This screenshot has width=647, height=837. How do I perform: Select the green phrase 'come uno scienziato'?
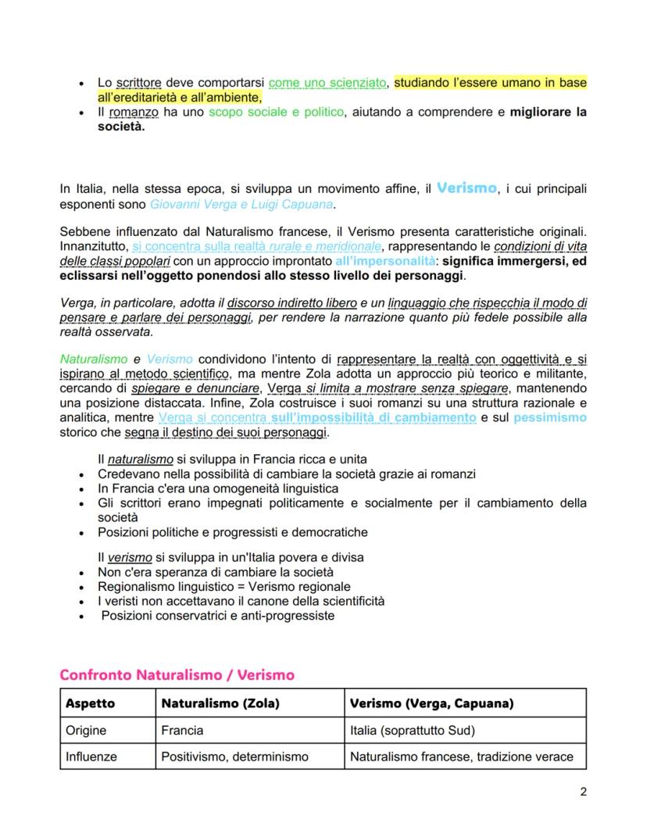(x=327, y=82)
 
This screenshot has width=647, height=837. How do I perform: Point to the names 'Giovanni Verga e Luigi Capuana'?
(x=242, y=205)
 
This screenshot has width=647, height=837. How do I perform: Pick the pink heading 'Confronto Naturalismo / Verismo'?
(x=177, y=674)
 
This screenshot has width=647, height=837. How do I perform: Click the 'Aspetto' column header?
(x=90, y=703)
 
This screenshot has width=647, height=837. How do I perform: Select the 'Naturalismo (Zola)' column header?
(x=220, y=703)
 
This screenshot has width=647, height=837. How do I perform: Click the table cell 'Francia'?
(x=182, y=730)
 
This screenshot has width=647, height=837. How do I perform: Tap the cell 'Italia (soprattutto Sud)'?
(x=413, y=730)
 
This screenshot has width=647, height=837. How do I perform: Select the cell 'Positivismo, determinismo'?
(x=234, y=757)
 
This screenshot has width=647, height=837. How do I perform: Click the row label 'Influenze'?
(x=91, y=757)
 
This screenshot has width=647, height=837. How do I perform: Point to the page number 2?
(x=583, y=791)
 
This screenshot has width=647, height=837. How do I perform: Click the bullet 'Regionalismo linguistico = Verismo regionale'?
(x=224, y=586)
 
